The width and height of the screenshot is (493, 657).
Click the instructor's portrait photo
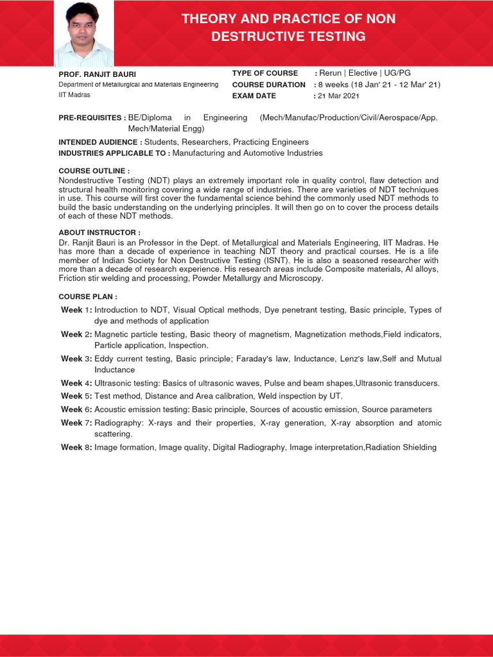tap(83, 33)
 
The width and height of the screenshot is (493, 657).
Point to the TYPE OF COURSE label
tap(265, 73)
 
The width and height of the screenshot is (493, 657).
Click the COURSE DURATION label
tap(269, 85)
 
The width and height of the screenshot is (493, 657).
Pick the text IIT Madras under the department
tap(74, 95)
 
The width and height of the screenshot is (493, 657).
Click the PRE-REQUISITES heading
tap(92, 118)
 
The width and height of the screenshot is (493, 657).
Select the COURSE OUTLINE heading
tap(94, 171)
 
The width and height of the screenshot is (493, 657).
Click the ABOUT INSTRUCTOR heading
tap(99, 232)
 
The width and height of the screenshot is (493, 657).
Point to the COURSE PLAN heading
tap(88, 297)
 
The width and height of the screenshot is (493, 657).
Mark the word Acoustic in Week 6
tap(112, 409)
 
